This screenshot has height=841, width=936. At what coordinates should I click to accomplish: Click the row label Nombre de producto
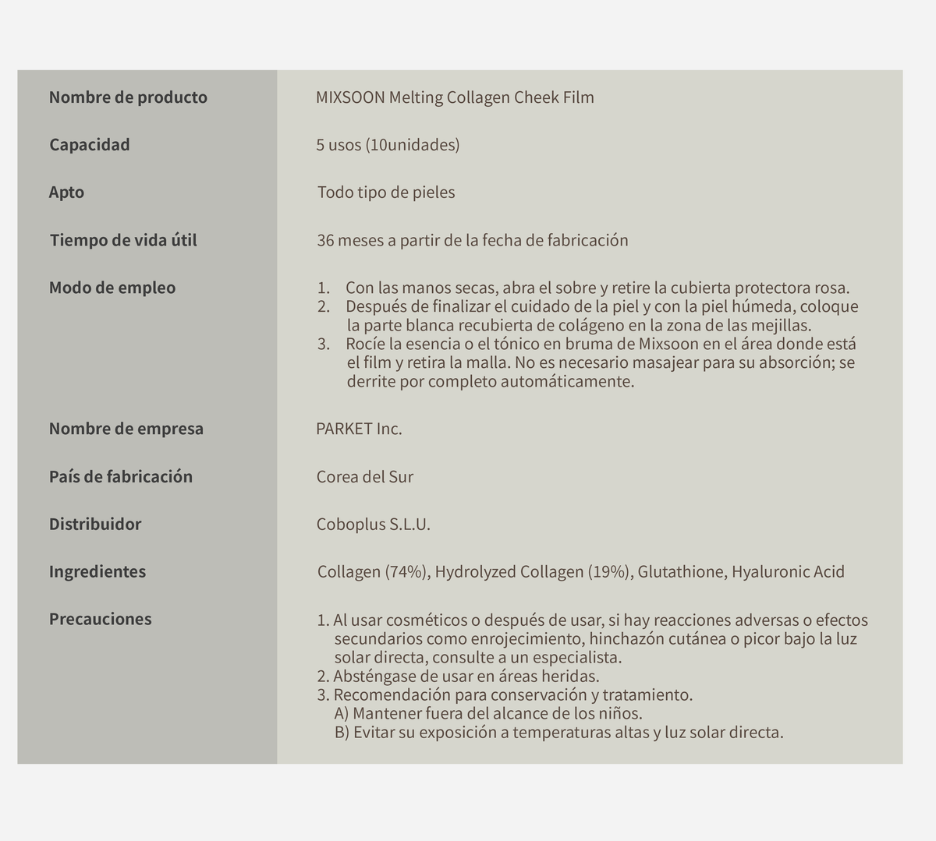128,97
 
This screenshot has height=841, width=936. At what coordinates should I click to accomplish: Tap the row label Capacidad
90,145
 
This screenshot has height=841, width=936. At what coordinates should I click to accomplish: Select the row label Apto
66,193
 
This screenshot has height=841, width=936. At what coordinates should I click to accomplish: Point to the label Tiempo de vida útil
123,240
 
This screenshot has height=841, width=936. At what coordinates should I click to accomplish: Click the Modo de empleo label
112,288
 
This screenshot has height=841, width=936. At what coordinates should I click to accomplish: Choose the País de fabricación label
121,476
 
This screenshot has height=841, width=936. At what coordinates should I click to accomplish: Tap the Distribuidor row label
95,524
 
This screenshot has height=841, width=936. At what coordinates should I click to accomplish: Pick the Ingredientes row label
97,571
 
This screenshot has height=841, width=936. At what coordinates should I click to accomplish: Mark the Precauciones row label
101,619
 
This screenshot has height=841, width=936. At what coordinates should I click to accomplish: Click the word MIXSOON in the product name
349,97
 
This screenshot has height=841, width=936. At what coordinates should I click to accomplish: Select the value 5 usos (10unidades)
388,145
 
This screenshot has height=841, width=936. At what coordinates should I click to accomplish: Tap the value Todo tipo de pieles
386,193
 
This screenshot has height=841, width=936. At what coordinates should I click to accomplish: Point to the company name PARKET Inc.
359,429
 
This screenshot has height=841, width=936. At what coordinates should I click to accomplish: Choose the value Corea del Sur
365,477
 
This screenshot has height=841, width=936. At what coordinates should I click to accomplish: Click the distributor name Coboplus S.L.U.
374,525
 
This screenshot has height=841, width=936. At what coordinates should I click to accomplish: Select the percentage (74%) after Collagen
406,572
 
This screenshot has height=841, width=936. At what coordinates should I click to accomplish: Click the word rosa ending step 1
830,288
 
